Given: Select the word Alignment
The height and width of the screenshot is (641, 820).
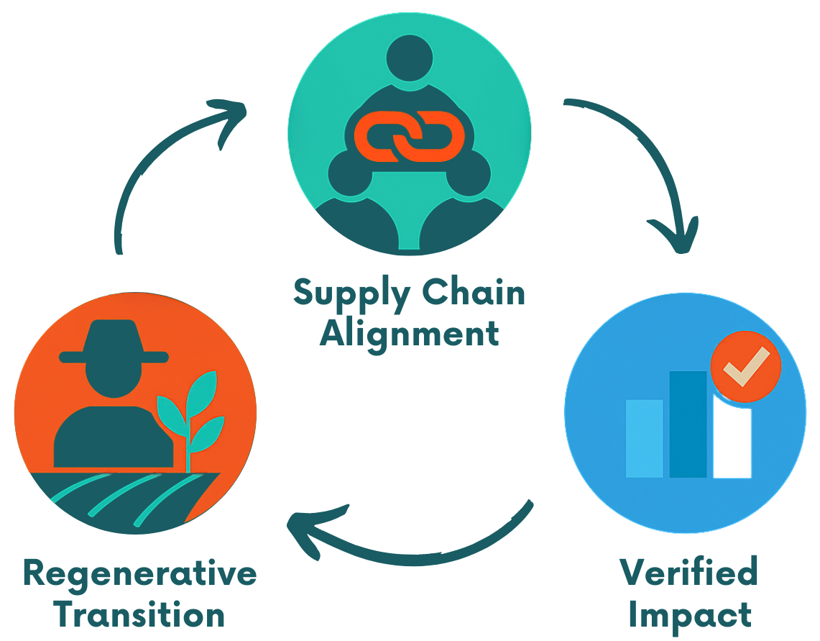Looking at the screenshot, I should pyautogui.click(x=409, y=333).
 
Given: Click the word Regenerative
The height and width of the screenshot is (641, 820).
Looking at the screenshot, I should pyautogui.click(x=139, y=573).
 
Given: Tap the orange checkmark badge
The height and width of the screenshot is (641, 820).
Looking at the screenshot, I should pyautogui.click(x=745, y=367).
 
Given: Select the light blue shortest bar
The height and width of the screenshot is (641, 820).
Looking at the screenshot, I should pyautogui.click(x=644, y=437).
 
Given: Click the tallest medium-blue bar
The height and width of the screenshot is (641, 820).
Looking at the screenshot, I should pyautogui.click(x=688, y=424).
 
